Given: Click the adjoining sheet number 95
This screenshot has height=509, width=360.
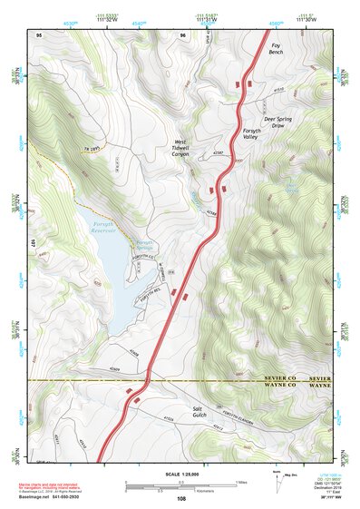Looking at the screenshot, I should click(39, 35).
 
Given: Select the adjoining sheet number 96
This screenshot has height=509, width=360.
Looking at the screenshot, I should click(183, 35).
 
